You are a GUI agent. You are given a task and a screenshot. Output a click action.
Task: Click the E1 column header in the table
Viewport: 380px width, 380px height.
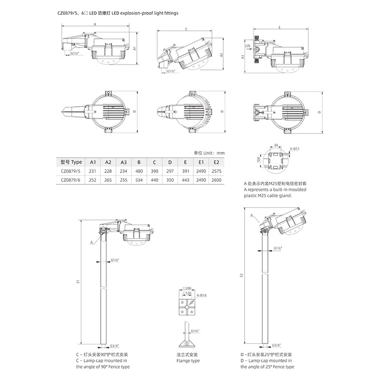201,162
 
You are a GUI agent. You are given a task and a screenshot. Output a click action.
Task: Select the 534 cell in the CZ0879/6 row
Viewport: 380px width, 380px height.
139,180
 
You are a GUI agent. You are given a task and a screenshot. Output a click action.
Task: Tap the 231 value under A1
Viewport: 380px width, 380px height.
93,171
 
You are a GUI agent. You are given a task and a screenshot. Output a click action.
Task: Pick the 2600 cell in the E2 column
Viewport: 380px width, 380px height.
217,180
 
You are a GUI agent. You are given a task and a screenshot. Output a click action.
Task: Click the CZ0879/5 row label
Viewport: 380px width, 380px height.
70,171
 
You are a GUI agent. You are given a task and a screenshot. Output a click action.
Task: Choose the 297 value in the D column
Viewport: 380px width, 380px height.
170,171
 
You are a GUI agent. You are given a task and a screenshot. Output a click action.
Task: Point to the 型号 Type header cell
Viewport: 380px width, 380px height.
71,162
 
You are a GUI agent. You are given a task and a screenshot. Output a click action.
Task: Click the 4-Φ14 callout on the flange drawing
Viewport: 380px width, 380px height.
201,295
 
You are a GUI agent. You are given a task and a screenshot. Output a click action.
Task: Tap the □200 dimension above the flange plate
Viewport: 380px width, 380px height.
187,288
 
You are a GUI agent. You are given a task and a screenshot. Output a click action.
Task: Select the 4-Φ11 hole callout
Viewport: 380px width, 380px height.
294,149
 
